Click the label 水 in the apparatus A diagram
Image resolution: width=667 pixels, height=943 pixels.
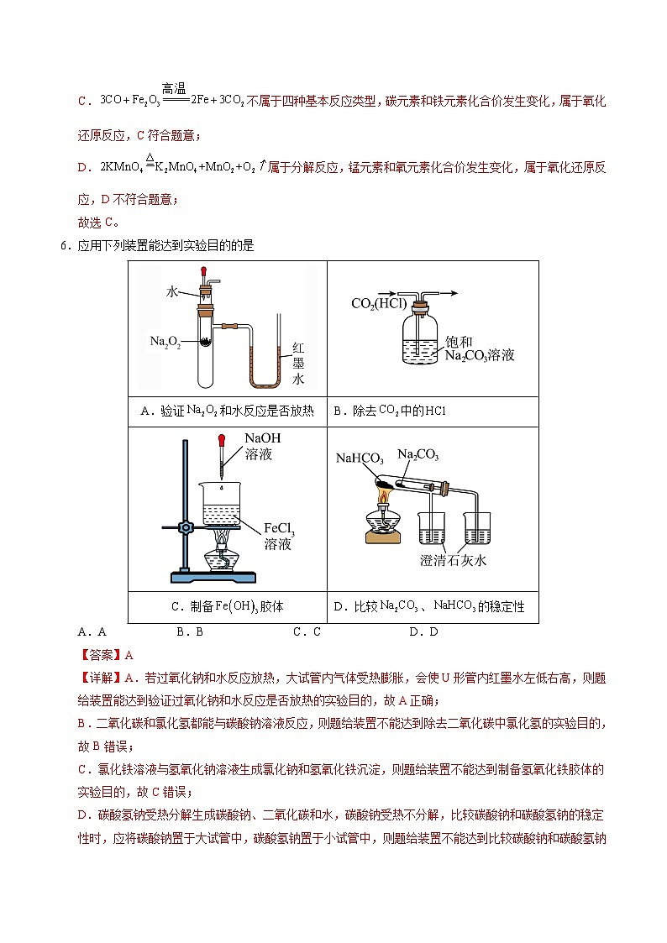(x=172, y=291)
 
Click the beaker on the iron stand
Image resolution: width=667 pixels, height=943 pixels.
(x=221, y=506)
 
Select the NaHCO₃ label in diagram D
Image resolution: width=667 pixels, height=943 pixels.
(x=360, y=458)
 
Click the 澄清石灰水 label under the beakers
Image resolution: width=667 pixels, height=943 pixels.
(x=453, y=560)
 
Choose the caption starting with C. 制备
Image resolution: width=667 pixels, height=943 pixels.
(x=227, y=606)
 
